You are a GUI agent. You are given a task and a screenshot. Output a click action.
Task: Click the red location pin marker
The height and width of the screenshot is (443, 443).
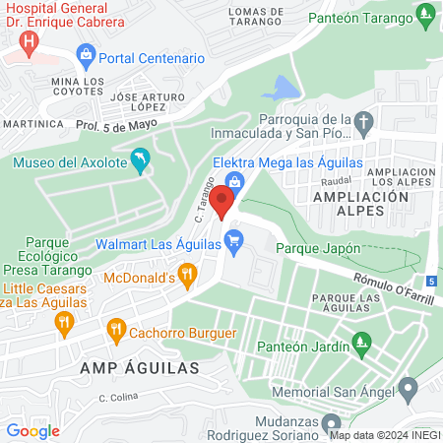point(221,200)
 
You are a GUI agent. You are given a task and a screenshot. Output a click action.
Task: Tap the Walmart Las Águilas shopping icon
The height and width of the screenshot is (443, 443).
point(233,240)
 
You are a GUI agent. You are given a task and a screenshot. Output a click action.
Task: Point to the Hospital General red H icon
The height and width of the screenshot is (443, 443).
point(30,44)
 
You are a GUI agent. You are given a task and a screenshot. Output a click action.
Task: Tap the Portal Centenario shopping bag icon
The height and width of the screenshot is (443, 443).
point(85,53)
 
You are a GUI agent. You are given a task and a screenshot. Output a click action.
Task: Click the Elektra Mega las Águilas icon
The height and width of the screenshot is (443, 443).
point(234,181)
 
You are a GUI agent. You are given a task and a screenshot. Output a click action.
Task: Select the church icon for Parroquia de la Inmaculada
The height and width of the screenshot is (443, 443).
point(364,124)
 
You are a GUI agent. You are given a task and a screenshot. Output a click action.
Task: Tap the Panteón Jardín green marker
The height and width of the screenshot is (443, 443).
point(363,346)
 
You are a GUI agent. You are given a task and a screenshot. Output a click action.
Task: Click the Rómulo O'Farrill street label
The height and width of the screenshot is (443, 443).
point(395,286)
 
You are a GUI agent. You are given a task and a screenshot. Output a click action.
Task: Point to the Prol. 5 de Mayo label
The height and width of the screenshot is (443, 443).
point(116,125)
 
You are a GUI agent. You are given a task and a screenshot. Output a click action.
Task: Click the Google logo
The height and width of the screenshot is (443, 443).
point(33,429)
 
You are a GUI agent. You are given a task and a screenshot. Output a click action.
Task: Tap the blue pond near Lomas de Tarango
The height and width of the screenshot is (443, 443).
point(282,89)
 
